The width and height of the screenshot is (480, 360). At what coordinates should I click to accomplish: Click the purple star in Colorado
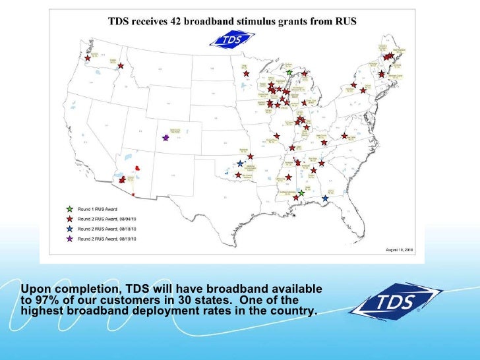(165, 138)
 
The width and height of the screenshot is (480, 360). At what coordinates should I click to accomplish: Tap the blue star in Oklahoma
(240, 164)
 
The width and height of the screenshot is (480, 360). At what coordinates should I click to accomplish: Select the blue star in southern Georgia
(325, 198)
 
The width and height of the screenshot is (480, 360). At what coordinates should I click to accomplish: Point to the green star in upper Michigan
(289, 72)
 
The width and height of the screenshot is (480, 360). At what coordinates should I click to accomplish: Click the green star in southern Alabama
(301, 193)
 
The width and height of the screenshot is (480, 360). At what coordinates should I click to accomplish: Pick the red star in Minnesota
(246, 74)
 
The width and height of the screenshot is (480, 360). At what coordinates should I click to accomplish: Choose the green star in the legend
(69, 209)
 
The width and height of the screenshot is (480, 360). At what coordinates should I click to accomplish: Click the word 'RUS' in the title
(345, 21)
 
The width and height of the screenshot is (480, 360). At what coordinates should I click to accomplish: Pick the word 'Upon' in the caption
(34, 289)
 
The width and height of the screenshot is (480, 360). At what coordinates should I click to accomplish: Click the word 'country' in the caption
(292, 311)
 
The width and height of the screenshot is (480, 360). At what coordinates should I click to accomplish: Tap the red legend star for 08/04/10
(69, 218)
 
